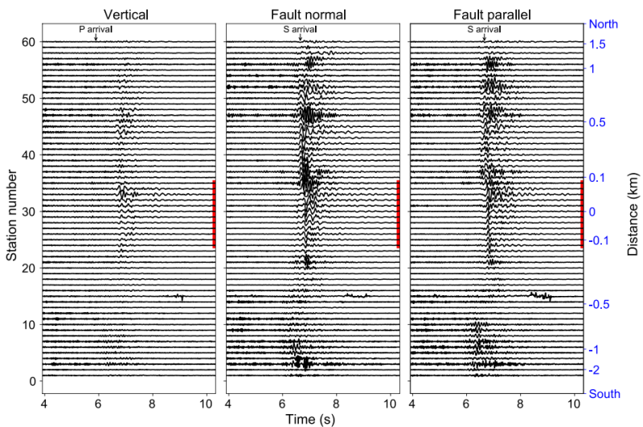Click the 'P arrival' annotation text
pyautogui.click(x=96, y=29)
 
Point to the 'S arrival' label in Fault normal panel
pyautogui.click(x=300, y=29)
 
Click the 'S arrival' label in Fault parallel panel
pyautogui.click(x=484, y=29)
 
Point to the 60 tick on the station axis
pyautogui.click(x=29, y=42)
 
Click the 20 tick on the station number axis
pyautogui.click(x=29, y=268)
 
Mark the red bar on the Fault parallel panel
pyautogui.click(x=582, y=214)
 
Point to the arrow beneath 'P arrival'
pyautogui.click(x=96, y=37)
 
